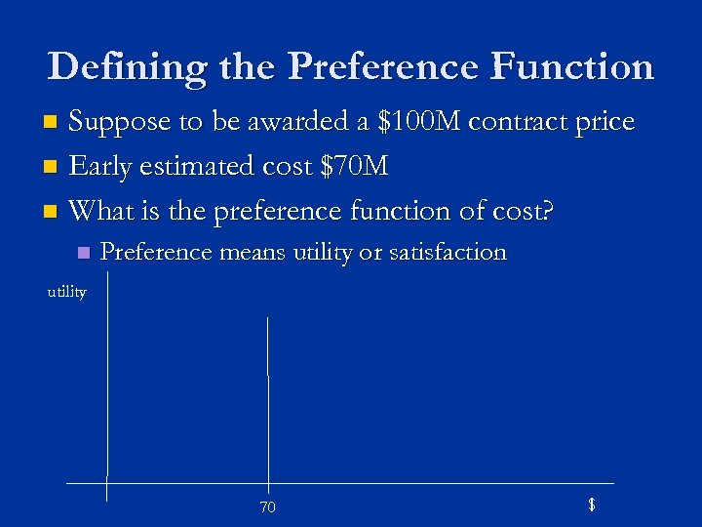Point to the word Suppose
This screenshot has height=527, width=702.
tap(118, 122)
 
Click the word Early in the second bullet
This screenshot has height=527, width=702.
tap(101, 167)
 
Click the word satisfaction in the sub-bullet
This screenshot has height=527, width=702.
tap(448, 253)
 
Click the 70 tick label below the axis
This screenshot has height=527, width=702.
tap(267, 507)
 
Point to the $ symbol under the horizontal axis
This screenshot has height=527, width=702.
tap(591, 505)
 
